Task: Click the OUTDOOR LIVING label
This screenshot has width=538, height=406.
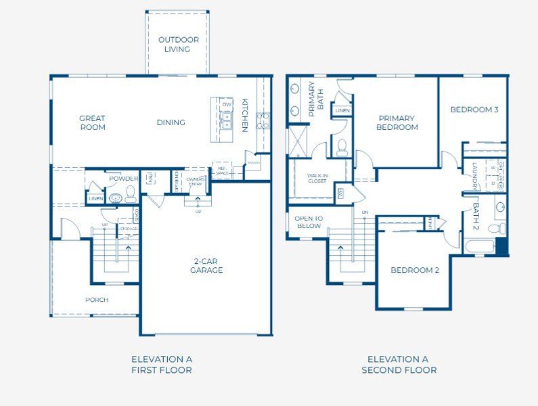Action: pos(179,45)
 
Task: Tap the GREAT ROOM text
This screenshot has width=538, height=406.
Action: pos(92,122)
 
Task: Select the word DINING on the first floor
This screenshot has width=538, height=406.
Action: pos(171,122)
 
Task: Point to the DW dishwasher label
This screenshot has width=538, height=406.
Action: pos(227,105)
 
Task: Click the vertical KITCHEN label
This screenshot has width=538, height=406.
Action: pos(245,116)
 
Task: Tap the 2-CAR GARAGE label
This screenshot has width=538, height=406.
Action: pos(206,265)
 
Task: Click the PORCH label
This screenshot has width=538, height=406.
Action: pos(97,300)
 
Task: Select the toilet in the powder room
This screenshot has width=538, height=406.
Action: pos(131,196)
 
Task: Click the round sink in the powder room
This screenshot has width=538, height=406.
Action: pos(116,198)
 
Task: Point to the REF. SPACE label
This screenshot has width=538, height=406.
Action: pos(221,172)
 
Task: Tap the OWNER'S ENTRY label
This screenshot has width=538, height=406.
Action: pos(196,182)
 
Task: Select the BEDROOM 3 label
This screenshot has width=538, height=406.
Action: pos(474,110)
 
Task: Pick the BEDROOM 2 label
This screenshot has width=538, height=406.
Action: pos(414,270)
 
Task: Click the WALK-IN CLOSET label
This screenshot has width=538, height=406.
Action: pos(317,178)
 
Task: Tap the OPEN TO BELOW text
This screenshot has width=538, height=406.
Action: pos(309,222)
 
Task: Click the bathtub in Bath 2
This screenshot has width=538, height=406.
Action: pos(480,246)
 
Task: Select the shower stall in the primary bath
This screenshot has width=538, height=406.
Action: pos(298,141)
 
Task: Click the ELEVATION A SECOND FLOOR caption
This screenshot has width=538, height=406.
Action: pos(399,365)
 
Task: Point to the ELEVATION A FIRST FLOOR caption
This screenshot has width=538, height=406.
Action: pos(161,365)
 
